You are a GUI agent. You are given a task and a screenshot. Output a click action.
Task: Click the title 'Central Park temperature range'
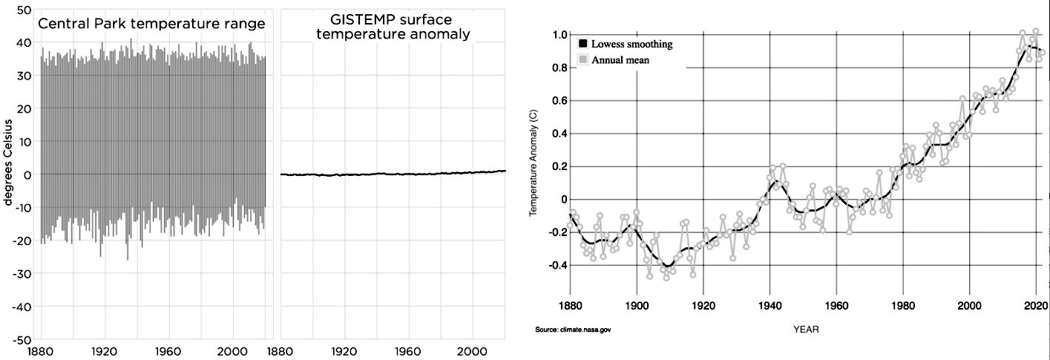(151, 24)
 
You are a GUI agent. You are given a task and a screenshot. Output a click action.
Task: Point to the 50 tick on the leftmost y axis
(22, 10)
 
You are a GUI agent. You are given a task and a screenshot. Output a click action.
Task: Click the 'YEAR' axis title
(805, 329)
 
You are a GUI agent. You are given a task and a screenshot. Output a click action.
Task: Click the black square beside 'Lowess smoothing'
(584, 45)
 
